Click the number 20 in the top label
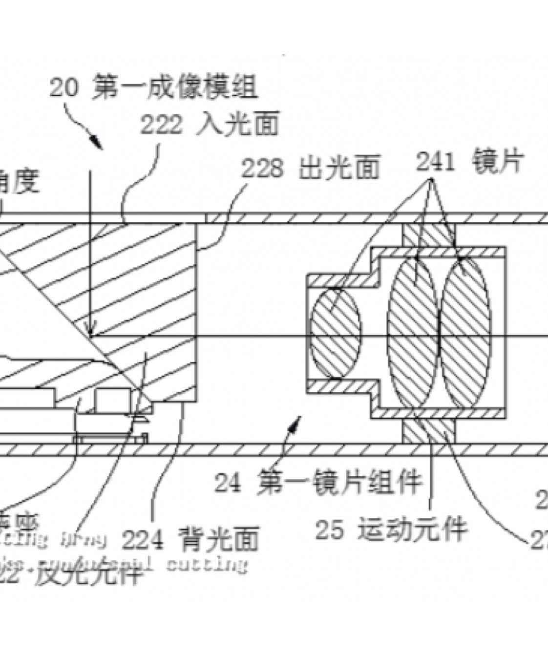pos(63,89)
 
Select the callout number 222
pos(161,126)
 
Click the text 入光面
pos(237,126)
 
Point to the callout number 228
pos(262,169)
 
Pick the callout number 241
pos(435,162)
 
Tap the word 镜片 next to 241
pos(498,161)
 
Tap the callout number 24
pos(227,483)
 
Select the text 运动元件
pos(412,529)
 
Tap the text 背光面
pos(218,539)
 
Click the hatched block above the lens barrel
pos(428,235)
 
